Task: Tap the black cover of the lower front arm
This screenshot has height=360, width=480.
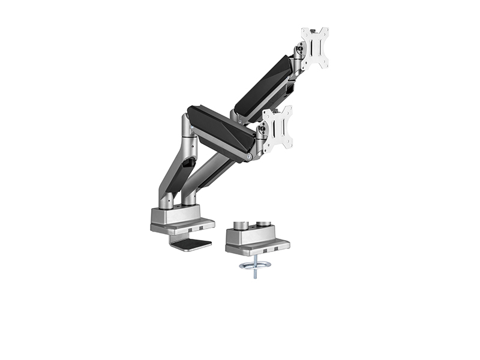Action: click(x=220, y=127)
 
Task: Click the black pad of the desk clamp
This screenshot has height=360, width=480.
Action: click(x=191, y=244)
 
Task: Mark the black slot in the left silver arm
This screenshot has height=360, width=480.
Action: click(x=188, y=163)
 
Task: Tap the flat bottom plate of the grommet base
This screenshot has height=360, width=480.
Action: click(x=258, y=246)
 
